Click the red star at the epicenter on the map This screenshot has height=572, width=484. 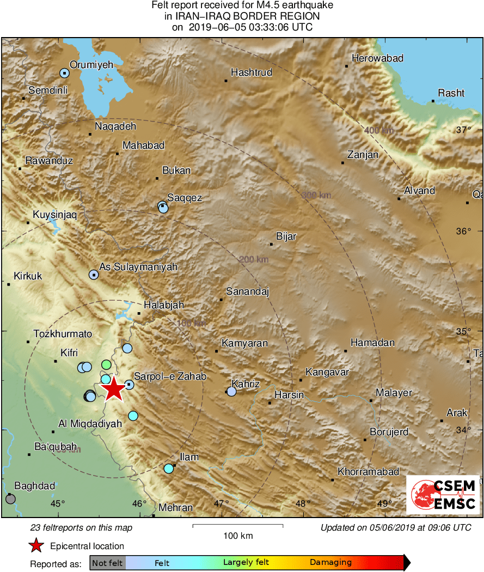point(114,390)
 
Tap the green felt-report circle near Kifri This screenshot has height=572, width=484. point(107,364)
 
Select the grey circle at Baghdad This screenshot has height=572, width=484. point(10,498)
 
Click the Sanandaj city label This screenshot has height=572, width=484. point(248,291)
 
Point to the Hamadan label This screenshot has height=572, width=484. point(372,343)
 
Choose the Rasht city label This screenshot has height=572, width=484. point(451,93)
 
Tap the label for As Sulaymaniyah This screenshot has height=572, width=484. point(138,267)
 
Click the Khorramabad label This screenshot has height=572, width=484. point(368,472)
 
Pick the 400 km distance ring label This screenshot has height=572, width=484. point(379,130)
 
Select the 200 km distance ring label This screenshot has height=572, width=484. point(254,260)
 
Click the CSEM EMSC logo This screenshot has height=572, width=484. point(443,495)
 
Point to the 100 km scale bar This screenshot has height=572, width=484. point(238,526)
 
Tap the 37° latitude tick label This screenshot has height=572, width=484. point(464,130)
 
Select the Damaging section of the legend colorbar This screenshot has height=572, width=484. point(331,563)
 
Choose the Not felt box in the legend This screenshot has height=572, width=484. point(107,563)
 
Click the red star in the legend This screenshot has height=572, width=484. point(36,546)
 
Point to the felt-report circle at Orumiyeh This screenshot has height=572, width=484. point(65,73)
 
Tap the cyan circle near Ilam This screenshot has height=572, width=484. point(169,468)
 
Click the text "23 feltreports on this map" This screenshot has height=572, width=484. point(81,527)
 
